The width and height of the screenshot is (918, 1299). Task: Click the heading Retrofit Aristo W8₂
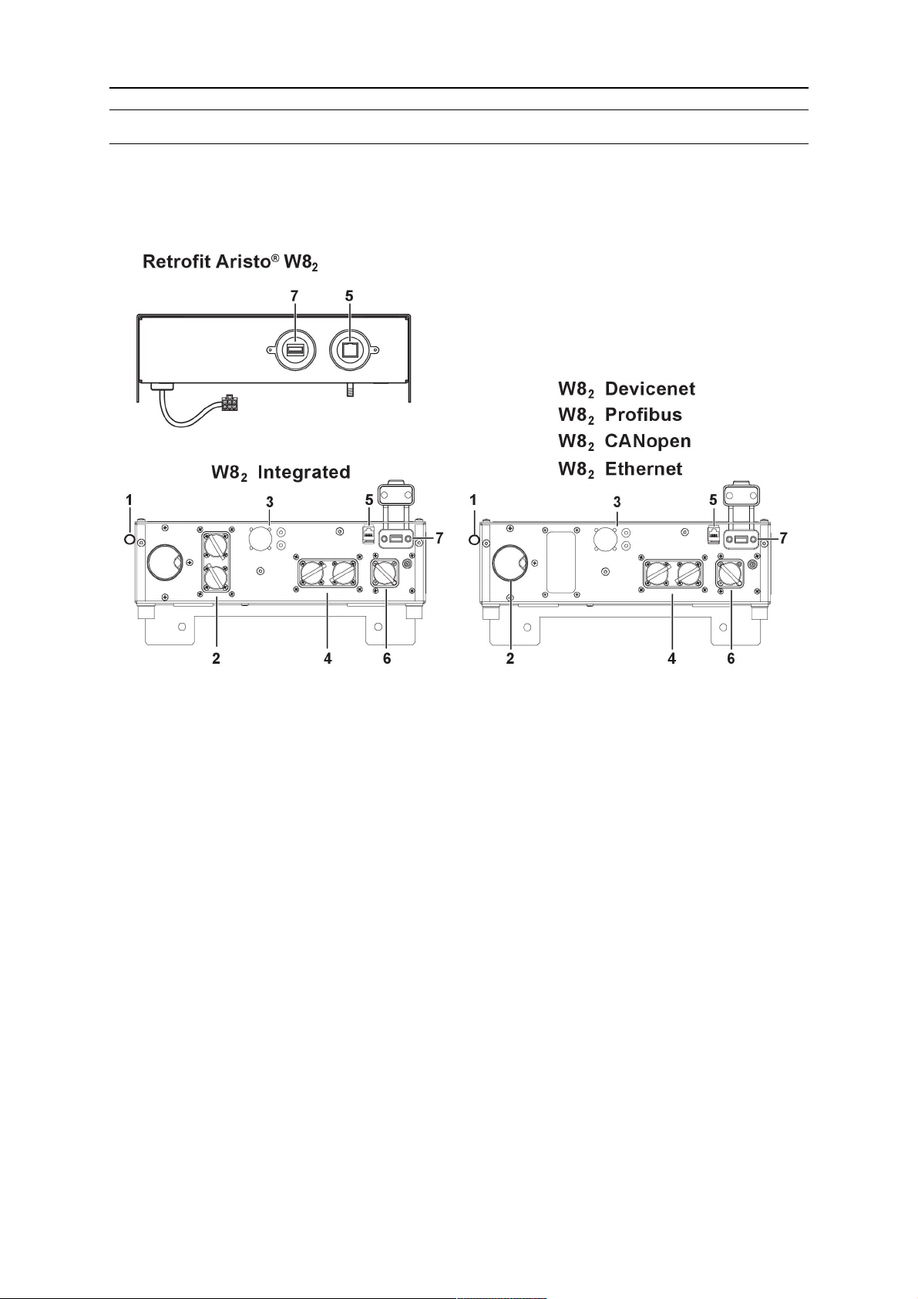pyautogui.click(x=230, y=262)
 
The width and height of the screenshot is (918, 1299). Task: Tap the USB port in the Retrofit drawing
pyautogui.click(x=294, y=351)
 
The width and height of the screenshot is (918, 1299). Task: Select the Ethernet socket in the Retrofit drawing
pyautogui.click(x=350, y=351)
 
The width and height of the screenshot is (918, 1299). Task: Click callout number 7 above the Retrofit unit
pyautogui.click(x=294, y=296)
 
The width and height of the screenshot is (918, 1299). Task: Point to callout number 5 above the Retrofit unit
pyautogui.click(x=349, y=296)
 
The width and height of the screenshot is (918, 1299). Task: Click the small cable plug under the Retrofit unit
pyautogui.click(x=229, y=403)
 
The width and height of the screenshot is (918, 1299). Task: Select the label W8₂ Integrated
pyautogui.click(x=281, y=473)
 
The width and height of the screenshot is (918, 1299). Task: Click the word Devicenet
pyautogui.click(x=650, y=389)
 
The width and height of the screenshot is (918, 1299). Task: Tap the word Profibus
pyautogui.click(x=643, y=415)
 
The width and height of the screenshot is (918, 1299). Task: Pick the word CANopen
pyautogui.click(x=647, y=442)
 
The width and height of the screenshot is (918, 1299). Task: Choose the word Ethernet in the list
pyautogui.click(x=643, y=469)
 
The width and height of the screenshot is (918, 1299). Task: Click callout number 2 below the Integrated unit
pyautogui.click(x=216, y=658)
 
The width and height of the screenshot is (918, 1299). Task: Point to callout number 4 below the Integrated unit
pyautogui.click(x=328, y=658)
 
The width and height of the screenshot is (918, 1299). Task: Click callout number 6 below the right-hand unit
pyautogui.click(x=731, y=658)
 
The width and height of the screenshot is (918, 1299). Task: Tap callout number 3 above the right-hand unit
pyautogui.click(x=617, y=502)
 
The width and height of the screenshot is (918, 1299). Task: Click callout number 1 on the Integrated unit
pyautogui.click(x=129, y=501)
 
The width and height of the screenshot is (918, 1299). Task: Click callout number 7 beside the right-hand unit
pyautogui.click(x=783, y=538)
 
